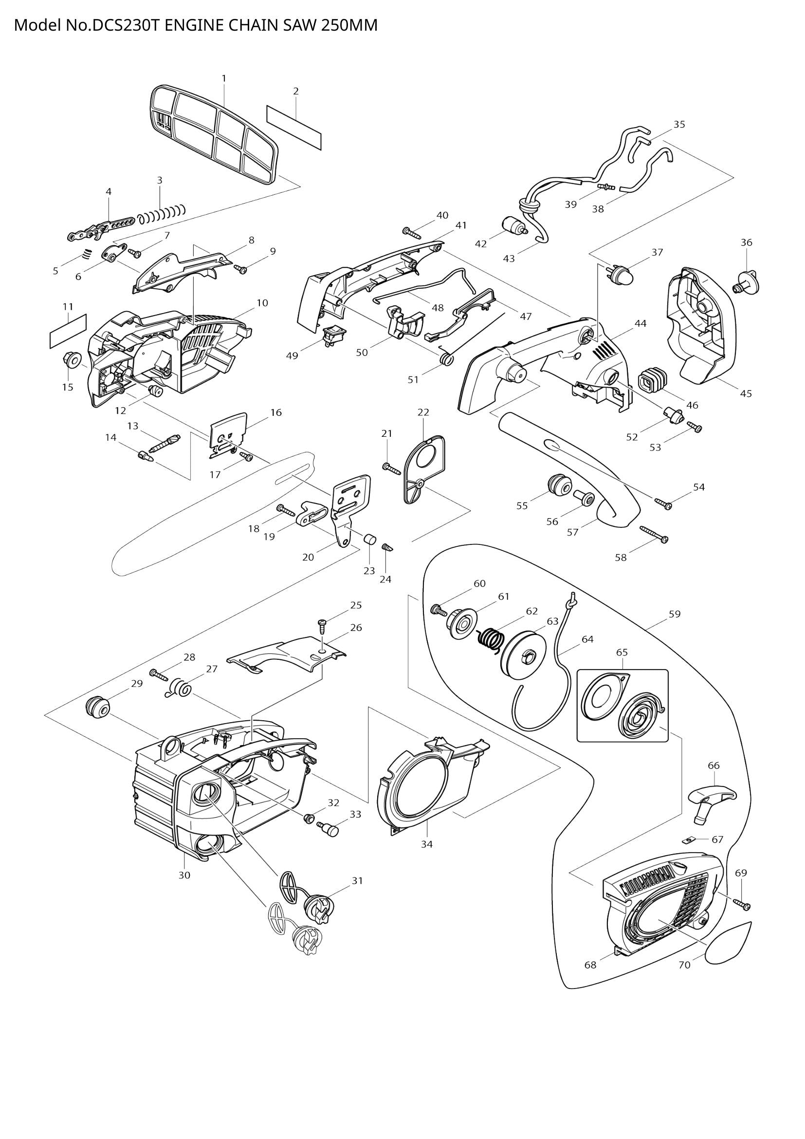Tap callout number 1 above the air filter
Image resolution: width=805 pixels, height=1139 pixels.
tap(224, 78)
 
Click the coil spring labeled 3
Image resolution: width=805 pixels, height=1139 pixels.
tap(162, 214)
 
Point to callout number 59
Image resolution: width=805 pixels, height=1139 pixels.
tap(675, 614)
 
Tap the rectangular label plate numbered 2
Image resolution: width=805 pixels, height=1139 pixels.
tap(294, 127)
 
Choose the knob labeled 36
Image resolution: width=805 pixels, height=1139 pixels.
tap(748, 284)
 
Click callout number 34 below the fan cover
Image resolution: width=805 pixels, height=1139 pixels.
tap(427, 844)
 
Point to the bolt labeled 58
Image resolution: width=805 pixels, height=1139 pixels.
tap(654, 534)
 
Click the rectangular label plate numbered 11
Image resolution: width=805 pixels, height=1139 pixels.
tap(69, 330)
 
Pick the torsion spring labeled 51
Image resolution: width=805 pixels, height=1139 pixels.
tap(447, 358)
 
